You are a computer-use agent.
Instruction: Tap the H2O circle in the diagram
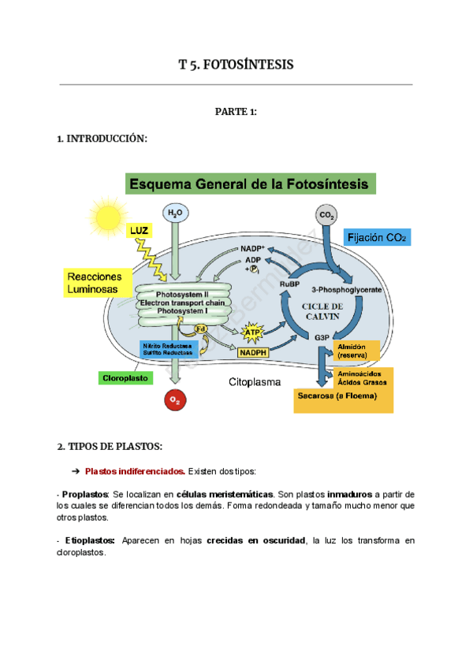click(174, 213)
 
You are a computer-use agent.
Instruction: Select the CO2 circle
click(326, 213)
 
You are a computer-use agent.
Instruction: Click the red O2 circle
click(174, 400)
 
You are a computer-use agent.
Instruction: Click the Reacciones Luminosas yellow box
click(94, 284)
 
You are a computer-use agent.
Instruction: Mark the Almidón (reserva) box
click(356, 350)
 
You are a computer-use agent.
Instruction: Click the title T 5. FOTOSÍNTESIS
click(236, 65)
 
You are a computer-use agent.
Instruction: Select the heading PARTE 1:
click(236, 112)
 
